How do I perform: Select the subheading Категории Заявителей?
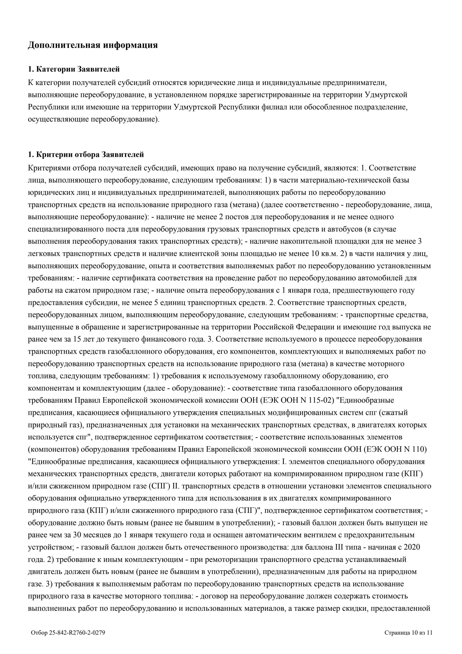click(x=74, y=69)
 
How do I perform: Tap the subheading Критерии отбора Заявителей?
click(x=86, y=155)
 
